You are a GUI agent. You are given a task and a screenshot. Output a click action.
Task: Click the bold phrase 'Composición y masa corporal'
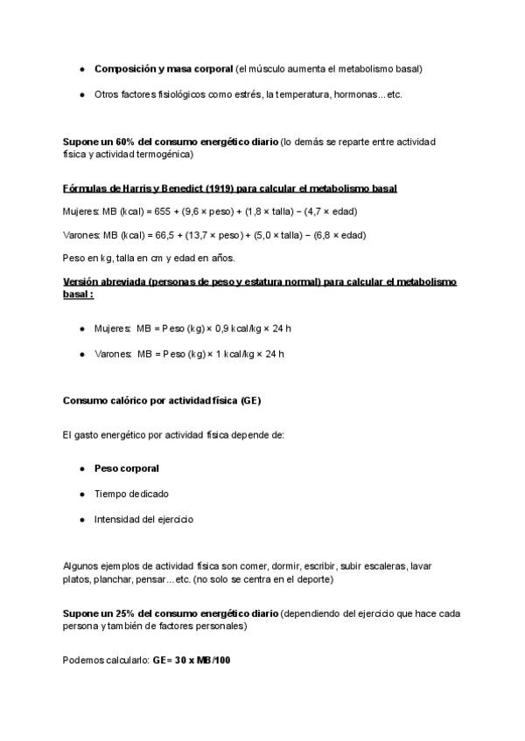(x=164, y=68)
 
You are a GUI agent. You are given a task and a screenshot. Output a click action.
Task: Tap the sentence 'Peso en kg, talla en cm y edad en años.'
(x=148, y=258)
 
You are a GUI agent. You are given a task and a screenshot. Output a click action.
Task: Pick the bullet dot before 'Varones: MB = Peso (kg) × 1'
(x=81, y=354)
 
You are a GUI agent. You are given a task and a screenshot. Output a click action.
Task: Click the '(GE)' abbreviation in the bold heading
(x=248, y=400)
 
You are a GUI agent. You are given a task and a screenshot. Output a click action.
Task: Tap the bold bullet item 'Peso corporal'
(x=126, y=468)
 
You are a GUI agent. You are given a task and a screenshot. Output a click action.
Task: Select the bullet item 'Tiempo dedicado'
(x=131, y=494)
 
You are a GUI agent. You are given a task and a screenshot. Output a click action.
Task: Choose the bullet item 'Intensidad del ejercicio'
(x=143, y=519)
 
